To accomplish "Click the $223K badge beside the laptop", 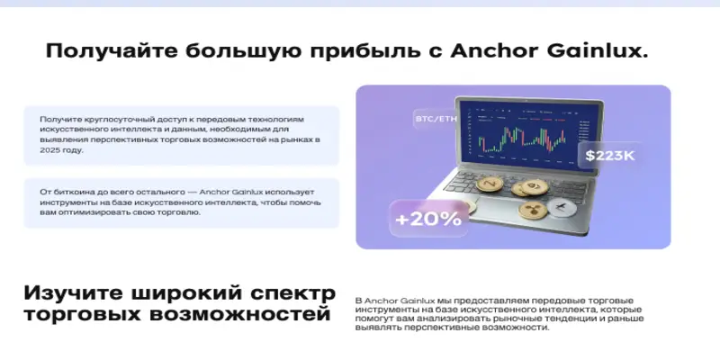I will tap(610, 156).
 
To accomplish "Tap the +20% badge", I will tap(427, 218).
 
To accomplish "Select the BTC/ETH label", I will tap(436, 119).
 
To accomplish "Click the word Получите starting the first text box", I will tap(61, 119).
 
